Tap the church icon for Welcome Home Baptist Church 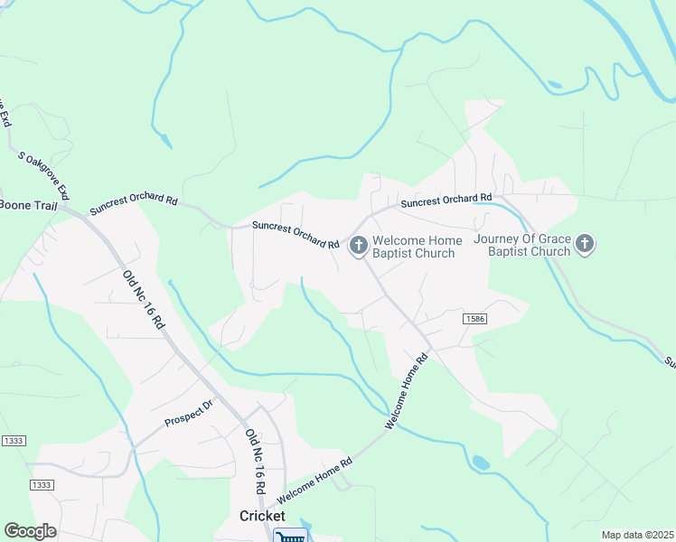358,244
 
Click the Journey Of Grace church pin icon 586,244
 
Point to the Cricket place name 262,516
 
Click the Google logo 30,531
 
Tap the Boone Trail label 31,204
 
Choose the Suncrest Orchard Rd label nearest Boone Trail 133,204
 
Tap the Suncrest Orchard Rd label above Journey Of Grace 446,200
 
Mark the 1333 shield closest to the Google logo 41,485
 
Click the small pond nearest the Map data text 481,463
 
